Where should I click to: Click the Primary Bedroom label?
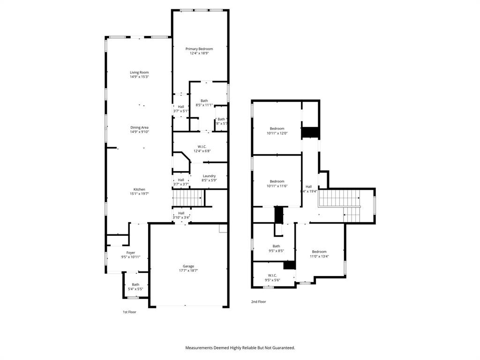(x=199, y=49)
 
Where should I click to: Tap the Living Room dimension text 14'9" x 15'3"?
(x=139, y=77)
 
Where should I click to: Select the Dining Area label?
(x=139, y=127)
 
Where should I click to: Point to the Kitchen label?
(x=139, y=189)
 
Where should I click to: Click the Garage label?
(x=188, y=266)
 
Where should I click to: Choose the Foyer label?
(x=130, y=253)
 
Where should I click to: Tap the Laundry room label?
(x=209, y=176)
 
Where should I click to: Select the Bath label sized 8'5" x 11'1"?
(x=204, y=101)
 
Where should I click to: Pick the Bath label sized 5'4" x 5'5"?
(x=135, y=285)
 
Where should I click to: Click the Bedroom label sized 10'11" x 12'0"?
(x=277, y=128)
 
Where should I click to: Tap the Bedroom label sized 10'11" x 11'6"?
(x=277, y=181)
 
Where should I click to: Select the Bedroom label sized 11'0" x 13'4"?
(x=319, y=252)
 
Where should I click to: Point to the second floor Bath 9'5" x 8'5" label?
(x=277, y=246)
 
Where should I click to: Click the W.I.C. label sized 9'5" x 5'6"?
(x=272, y=275)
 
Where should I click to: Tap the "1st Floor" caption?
(x=129, y=312)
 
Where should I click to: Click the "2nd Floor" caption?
(x=258, y=302)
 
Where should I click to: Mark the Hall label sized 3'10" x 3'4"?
(x=181, y=213)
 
